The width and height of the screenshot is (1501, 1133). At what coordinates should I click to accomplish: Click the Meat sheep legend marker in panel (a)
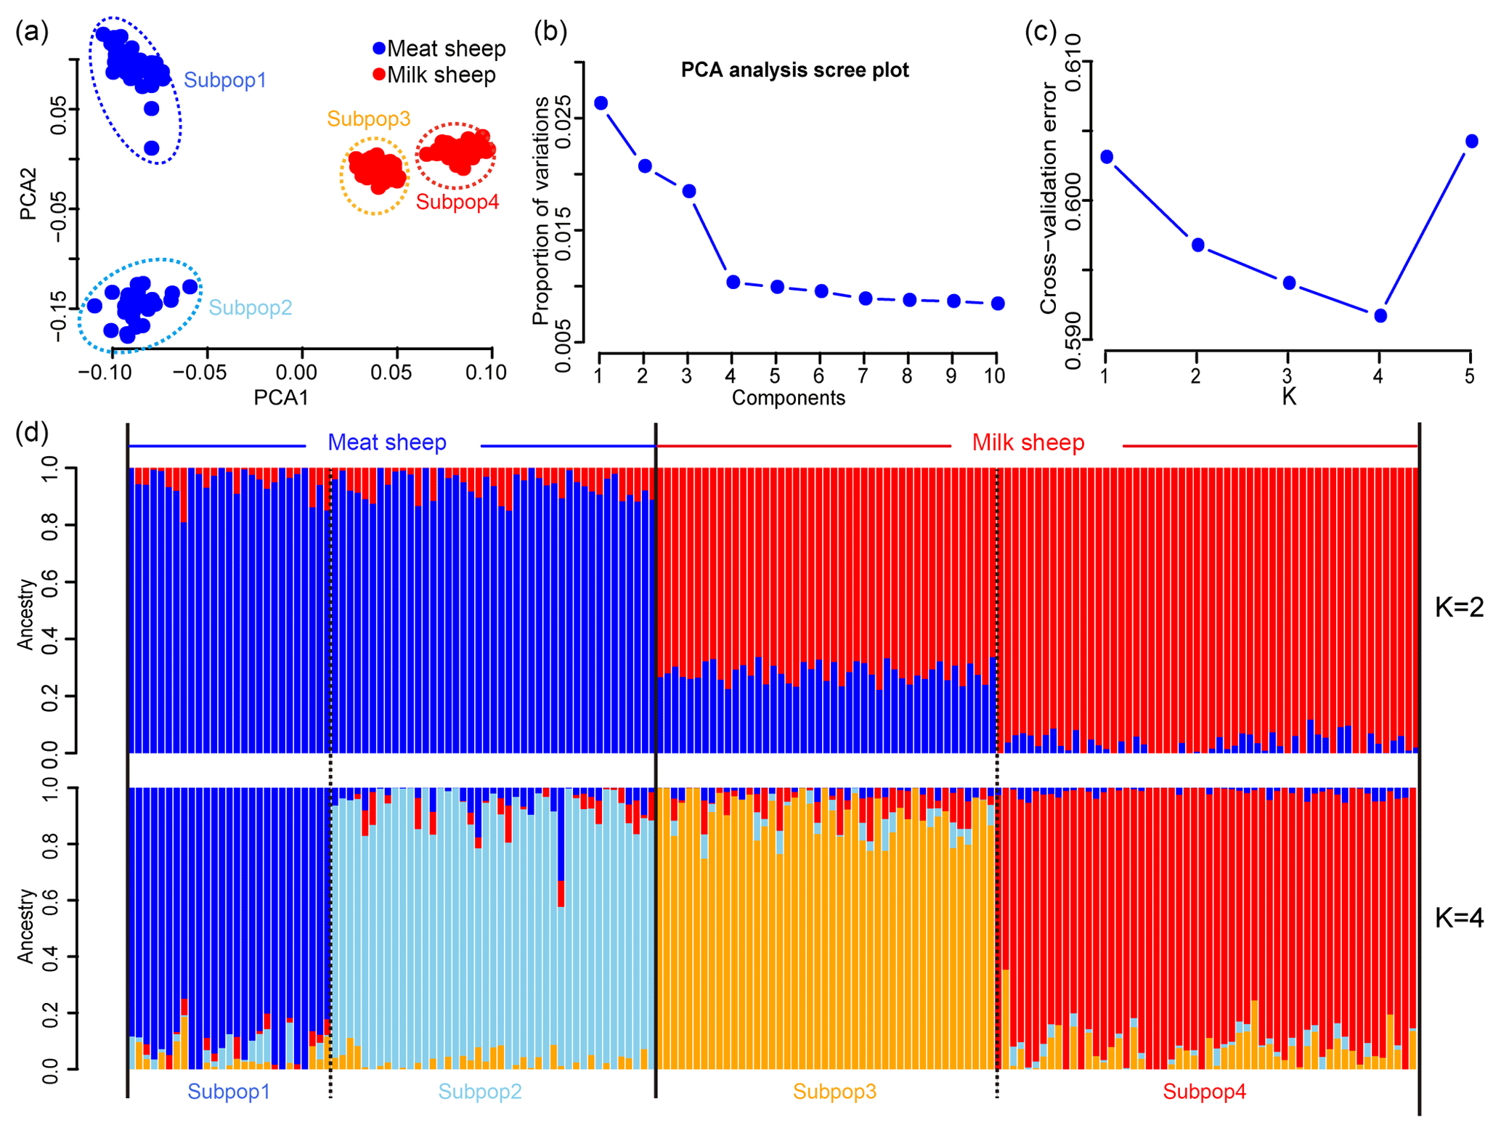[379, 49]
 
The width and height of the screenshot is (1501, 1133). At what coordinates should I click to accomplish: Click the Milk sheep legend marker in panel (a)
[379, 74]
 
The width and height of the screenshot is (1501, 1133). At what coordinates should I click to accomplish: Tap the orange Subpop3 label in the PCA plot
[368, 118]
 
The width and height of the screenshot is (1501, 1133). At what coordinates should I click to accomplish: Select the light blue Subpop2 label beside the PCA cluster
[251, 307]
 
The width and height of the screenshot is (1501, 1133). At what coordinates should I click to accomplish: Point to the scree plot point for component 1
[601, 103]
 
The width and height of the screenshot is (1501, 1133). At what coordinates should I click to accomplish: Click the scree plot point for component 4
[733, 282]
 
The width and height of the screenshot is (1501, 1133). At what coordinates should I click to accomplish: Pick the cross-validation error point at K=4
[1380, 315]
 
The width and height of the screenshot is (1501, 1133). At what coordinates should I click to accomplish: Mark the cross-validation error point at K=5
[1471, 141]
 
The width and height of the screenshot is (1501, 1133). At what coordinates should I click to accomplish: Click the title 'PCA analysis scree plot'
[794, 70]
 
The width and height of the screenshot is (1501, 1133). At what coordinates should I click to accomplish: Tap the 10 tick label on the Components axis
[994, 375]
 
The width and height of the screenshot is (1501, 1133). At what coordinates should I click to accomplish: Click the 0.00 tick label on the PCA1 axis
[296, 373]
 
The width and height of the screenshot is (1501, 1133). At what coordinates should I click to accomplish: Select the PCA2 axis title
[28, 195]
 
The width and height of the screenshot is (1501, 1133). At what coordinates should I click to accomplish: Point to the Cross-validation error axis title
[1048, 198]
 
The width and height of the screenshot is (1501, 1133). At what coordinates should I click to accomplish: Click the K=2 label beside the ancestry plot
[1459, 607]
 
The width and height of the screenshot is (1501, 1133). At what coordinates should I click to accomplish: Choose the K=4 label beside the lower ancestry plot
[1459, 918]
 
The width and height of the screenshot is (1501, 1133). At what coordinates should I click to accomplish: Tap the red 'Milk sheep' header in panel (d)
[1028, 442]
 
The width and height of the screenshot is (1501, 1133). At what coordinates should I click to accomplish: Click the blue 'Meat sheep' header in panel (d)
[387, 442]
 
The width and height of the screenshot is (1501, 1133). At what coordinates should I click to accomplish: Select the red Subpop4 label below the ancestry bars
[1204, 1092]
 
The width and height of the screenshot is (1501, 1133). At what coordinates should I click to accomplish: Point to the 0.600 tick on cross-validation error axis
[1073, 200]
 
